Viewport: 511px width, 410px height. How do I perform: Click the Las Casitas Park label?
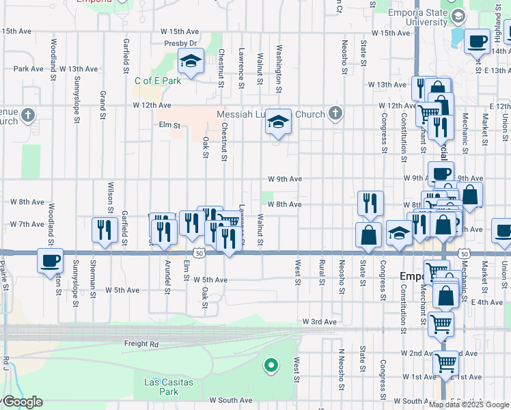(x=161, y=386)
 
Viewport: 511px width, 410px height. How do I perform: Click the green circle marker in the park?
(x=271, y=366)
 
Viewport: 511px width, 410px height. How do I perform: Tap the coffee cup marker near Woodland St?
(x=51, y=261)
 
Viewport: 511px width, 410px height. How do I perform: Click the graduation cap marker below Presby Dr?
(x=191, y=61)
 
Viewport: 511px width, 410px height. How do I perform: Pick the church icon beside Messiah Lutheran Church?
(x=335, y=114)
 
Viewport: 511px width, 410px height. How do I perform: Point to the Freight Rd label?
(x=141, y=344)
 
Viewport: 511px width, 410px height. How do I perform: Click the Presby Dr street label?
(x=180, y=43)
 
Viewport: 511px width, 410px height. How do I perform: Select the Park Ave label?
(x=28, y=69)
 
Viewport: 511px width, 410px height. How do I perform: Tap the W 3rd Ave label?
(x=320, y=321)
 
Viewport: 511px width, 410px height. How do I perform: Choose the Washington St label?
(x=279, y=68)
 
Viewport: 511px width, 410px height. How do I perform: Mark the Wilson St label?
(x=110, y=193)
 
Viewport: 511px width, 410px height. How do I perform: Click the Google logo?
(x=22, y=402)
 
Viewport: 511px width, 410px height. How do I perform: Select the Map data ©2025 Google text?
(x=469, y=405)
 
